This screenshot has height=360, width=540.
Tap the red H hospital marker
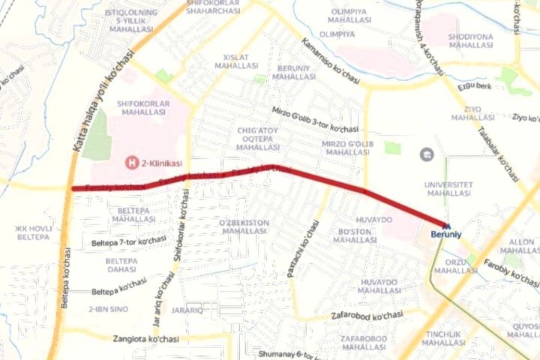[131, 162]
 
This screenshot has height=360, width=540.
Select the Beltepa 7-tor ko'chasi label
[129, 241]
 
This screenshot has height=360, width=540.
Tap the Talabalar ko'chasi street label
[499, 153]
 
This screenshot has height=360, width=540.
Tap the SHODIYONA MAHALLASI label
[470, 40]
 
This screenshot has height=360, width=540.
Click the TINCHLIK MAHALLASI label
[444, 338]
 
